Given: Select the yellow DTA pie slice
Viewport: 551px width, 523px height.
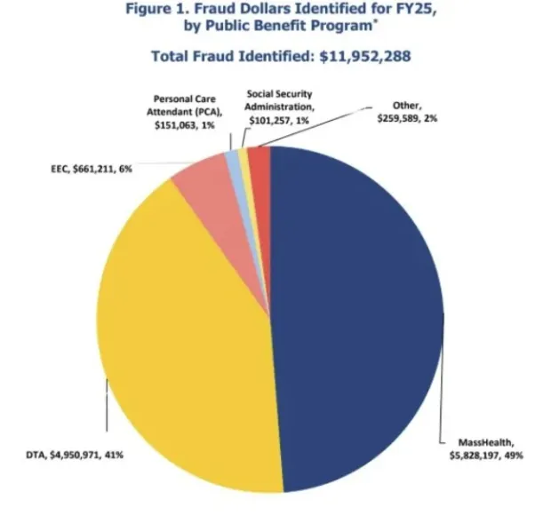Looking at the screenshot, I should pos(178,337).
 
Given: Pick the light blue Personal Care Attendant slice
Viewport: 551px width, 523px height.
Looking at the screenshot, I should pos(233,158).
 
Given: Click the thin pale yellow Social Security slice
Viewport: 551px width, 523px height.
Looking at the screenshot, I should pos(243,156).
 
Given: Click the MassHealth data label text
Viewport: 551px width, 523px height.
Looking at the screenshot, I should pos(480,442).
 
